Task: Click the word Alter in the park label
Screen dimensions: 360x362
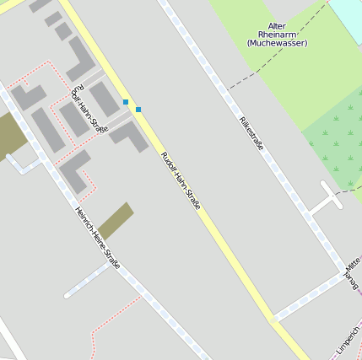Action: click(x=277, y=26)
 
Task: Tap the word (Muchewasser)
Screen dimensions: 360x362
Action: click(x=278, y=43)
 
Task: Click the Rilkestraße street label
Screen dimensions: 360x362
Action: click(x=251, y=133)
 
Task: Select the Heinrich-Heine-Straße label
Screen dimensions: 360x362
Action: click(x=97, y=239)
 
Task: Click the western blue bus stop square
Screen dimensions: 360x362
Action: click(x=126, y=102)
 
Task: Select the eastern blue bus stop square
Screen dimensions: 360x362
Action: click(x=138, y=109)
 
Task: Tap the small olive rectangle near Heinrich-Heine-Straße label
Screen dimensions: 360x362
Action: click(x=116, y=221)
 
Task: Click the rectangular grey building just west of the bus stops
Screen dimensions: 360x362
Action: click(x=105, y=99)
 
